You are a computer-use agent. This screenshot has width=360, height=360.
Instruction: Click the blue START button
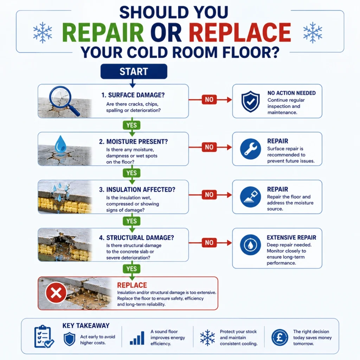tap(134, 71)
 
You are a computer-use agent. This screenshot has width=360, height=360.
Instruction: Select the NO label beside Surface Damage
tap(209, 99)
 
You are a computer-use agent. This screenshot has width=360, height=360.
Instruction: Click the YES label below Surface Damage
tap(131, 125)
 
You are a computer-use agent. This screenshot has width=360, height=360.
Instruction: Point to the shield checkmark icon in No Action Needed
tap(250, 101)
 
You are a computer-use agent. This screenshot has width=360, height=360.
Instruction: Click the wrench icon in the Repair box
tap(250, 149)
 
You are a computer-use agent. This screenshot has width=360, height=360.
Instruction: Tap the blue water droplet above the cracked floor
tap(60, 144)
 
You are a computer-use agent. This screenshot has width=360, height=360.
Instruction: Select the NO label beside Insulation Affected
tap(209, 195)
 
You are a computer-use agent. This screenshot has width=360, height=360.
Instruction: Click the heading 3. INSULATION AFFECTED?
tap(137, 189)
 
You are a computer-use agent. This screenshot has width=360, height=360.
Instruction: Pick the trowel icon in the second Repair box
tap(250, 197)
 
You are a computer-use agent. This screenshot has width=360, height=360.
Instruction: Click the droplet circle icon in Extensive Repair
tap(250, 245)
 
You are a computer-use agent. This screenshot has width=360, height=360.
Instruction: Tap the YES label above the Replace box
tap(131, 269)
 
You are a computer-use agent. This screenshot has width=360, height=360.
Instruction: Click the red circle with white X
tap(56, 293)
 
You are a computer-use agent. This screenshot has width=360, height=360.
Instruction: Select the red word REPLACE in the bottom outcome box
tap(132, 285)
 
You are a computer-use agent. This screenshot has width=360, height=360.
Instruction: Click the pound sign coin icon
tap(279, 337)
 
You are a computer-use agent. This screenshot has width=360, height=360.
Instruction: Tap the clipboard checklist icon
tap(44, 336)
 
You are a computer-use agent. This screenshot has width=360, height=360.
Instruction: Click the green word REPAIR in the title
tap(103, 32)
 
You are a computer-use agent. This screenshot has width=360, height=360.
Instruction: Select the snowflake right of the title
tap(313, 33)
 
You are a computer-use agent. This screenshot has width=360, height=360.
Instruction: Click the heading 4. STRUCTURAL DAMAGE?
tap(136, 238)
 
